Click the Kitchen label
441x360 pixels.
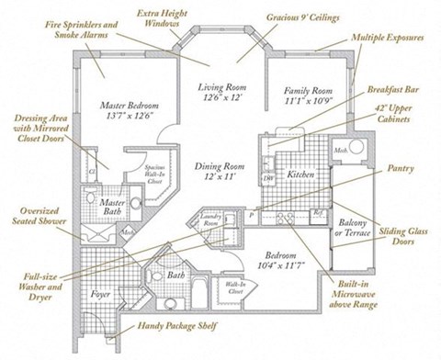click(x=302, y=174)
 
